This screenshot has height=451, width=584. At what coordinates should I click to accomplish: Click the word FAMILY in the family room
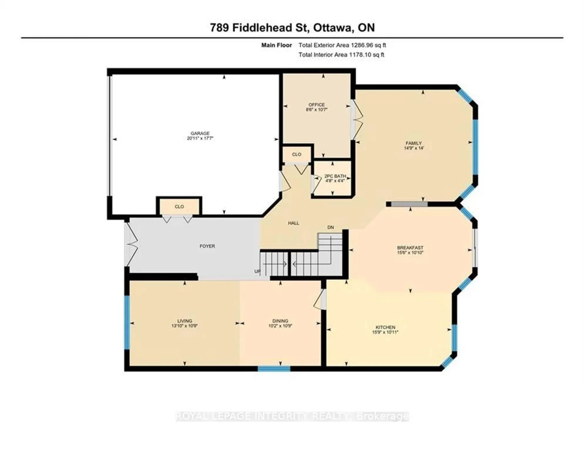414,143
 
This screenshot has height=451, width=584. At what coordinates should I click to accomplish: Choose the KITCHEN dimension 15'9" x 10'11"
385,332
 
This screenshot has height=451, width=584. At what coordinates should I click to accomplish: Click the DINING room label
280,321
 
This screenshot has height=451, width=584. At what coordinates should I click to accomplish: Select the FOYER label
207,246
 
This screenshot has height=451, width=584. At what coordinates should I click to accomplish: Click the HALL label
293,223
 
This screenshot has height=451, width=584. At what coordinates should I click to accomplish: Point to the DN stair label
330,227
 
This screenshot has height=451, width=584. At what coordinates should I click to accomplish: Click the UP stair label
257,271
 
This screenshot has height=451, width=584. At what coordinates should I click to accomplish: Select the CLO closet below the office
297,154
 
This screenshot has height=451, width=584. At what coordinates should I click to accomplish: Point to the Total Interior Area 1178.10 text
341,55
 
